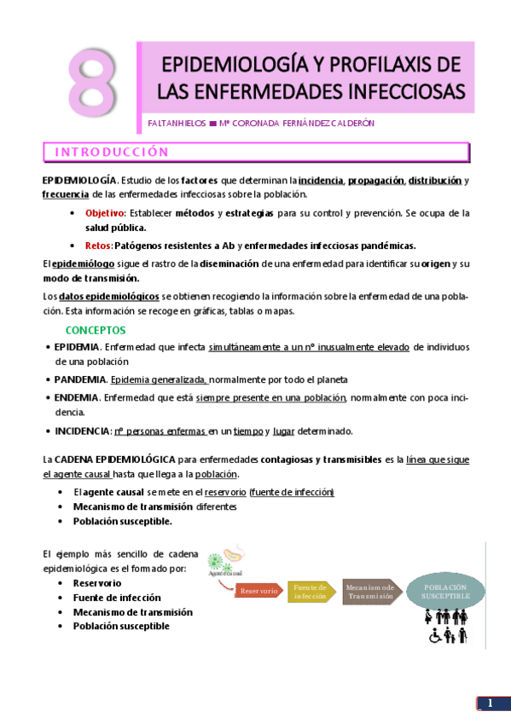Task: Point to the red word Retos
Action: (99, 245)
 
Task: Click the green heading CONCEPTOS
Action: (96, 330)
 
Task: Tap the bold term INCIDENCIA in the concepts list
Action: (82, 431)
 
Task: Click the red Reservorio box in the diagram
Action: (258, 590)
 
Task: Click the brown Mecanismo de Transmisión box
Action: (369, 592)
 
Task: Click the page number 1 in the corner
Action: (490, 703)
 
